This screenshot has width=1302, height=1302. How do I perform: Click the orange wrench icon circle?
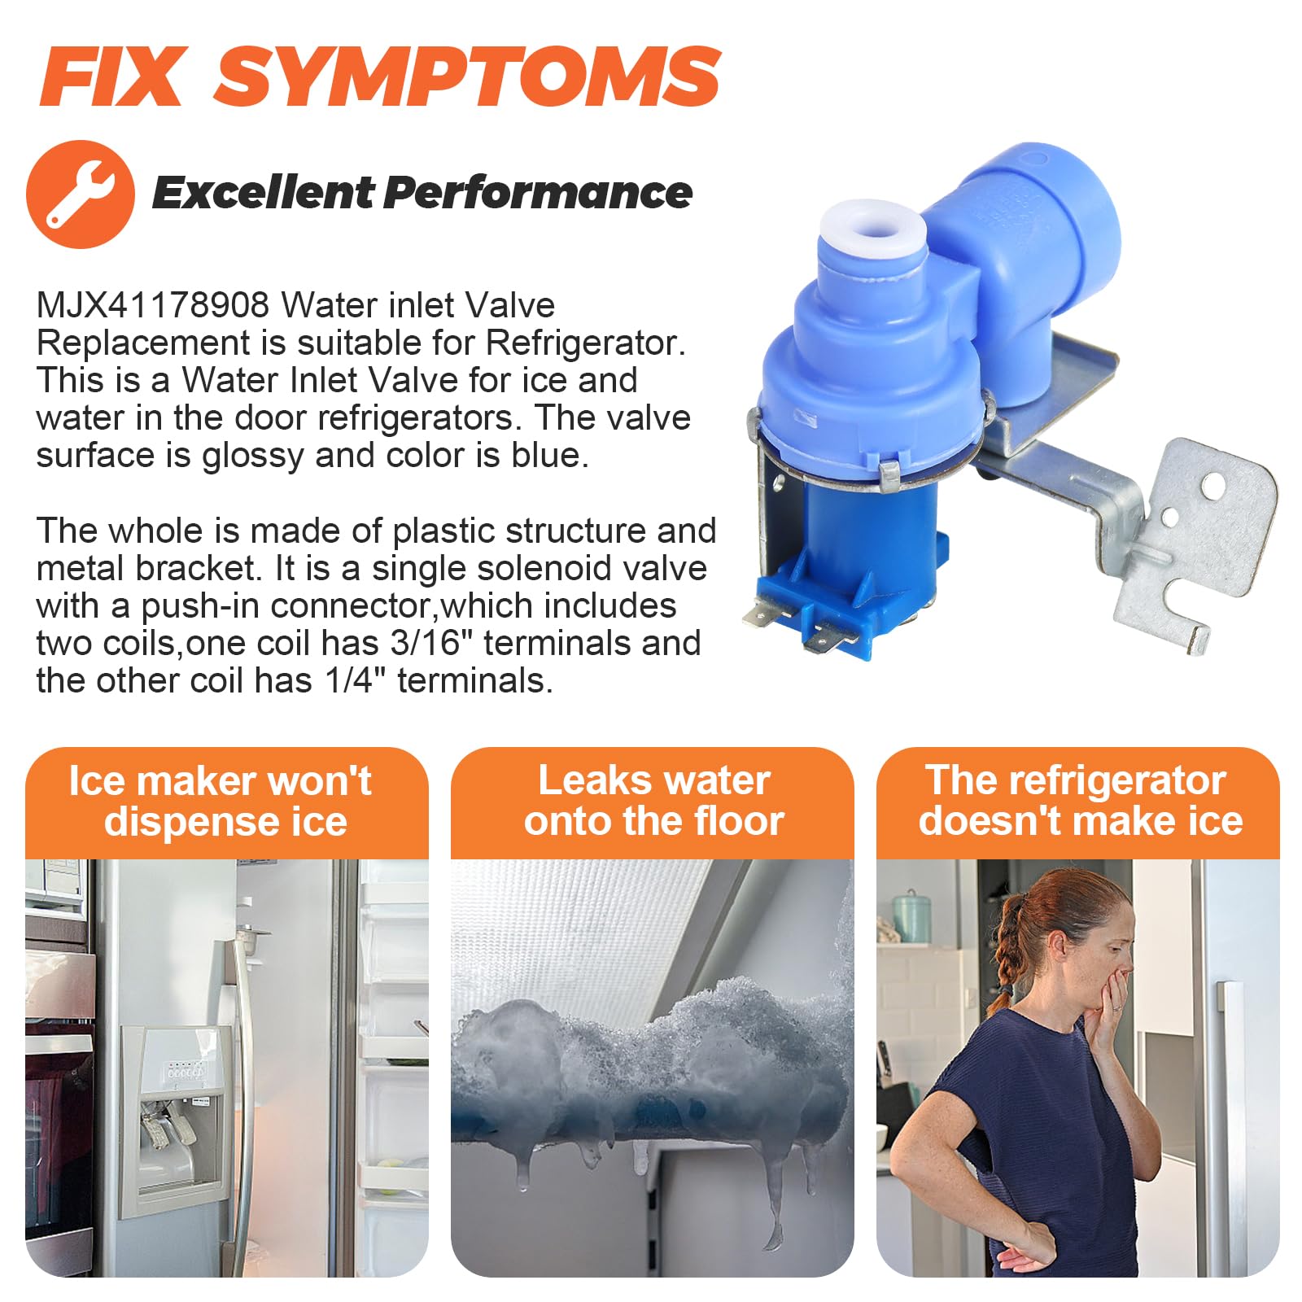[81, 194]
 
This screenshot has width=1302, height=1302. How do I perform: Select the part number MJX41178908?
[153, 305]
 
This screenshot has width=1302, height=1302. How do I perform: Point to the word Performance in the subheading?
[537, 193]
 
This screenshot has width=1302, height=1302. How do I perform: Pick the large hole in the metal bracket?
[1213, 487]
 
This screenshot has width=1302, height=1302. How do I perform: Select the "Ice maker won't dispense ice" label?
[221, 801]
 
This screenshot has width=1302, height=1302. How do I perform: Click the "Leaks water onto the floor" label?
[653, 801]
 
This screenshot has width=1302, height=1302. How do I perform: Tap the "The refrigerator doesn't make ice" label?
[1079, 801]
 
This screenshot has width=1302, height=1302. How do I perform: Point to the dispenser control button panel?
[186, 1072]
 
